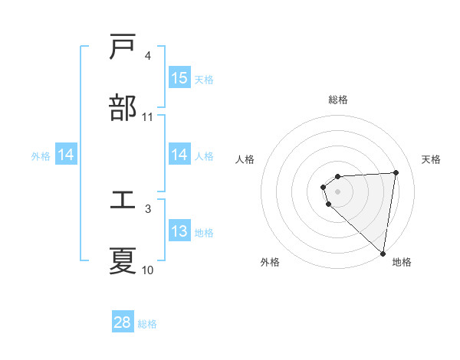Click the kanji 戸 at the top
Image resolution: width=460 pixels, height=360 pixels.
pyautogui.click(x=123, y=47)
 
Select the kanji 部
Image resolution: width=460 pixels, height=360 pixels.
pyautogui.click(x=123, y=108)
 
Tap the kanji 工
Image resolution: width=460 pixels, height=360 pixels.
pyautogui.click(x=123, y=201)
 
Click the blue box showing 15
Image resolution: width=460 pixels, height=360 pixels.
pyautogui.click(x=179, y=78)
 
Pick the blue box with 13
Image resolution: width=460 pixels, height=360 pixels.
pyautogui.click(x=179, y=231)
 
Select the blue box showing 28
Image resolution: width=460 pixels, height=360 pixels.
pyautogui.click(x=123, y=322)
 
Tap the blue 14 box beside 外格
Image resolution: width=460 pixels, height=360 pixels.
pyautogui.click(x=66, y=155)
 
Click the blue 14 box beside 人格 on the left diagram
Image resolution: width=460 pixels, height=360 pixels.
pyautogui.click(x=179, y=155)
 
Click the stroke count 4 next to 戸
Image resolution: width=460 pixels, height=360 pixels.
pyautogui.click(x=148, y=56)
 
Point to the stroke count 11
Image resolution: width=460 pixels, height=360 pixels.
pyautogui.click(x=148, y=117)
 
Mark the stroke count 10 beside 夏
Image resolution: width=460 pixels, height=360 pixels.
pyautogui.click(x=148, y=270)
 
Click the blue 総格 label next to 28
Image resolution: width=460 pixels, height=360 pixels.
pyautogui.click(x=148, y=324)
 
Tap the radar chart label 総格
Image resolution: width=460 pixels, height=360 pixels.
pyautogui.click(x=338, y=100)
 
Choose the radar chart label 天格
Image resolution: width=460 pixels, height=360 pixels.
pyautogui.click(x=432, y=159)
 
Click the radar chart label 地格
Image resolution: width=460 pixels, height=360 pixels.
pyautogui.click(x=402, y=262)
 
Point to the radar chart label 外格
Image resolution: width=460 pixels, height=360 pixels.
pyautogui.click(x=270, y=262)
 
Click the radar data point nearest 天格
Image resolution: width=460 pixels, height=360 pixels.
pyautogui.click(x=396, y=172)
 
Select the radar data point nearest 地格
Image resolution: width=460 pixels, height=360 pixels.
pyautogui.click(x=383, y=253)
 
